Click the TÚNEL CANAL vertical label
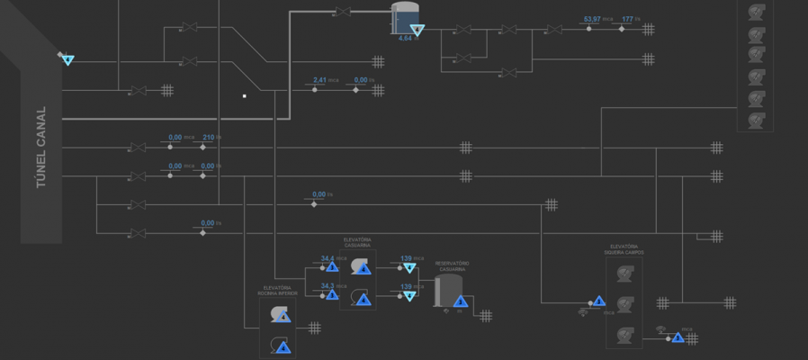click(x=40, y=148)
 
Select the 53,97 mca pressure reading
click(x=591, y=19)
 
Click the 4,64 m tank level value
click(x=405, y=39)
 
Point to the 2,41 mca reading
click(x=319, y=80)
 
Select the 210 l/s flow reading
click(x=209, y=138)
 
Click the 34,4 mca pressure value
click(x=328, y=258)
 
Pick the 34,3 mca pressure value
click(x=328, y=285)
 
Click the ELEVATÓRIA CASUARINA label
click(x=357, y=243)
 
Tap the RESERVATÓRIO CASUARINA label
click(x=453, y=266)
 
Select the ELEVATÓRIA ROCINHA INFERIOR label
click(x=277, y=291)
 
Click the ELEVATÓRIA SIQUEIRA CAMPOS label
click(x=625, y=249)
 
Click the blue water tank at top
click(x=405, y=16)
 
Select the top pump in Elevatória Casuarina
click(x=359, y=266)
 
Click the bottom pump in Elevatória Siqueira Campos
click(x=624, y=335)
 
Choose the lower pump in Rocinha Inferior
click(x=279, y=344)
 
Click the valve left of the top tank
click(x=342, y=12)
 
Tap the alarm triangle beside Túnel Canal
click(x=67, y=60)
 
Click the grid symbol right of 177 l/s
click(x=648, y=30)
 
